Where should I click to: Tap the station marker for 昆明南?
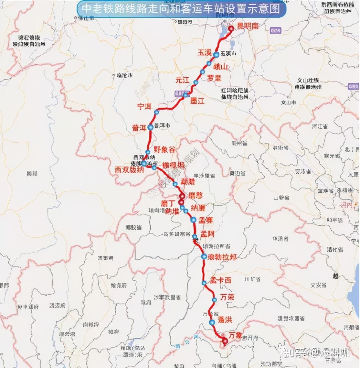tap(231, 28)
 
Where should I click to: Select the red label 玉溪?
tap(204, 52)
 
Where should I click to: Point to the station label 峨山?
tap(221, 67)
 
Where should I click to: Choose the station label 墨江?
tap(197, 101)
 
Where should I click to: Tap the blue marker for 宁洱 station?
tap(157, 112)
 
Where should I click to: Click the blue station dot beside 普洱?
tap(150, 127)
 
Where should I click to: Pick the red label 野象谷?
tap(164, 149)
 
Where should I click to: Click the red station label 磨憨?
tap(196, 195)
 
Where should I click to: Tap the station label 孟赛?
tap(206, 220)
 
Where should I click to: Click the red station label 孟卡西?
tap(221, 280)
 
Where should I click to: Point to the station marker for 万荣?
tap(214, 300)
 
